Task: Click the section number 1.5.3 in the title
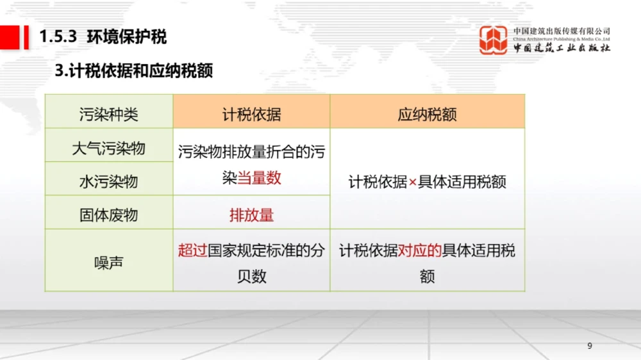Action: [58, 37]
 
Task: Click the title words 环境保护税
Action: [126, 37]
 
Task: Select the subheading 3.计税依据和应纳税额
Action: [134, 71]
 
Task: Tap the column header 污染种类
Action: [108, 115]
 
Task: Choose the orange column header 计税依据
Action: [251, 115]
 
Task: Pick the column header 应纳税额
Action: [427, 115]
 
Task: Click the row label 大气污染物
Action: [108, 149]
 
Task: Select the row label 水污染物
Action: [108, 182]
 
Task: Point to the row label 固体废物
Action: [108, 215]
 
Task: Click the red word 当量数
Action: [260, 178]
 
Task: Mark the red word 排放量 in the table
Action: [251, 215]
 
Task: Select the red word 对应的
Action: [420, 250]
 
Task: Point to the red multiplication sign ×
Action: [413, 183]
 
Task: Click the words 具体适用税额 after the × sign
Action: [462, 182]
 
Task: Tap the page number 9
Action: [589, 347]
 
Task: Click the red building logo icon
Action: [494, 40]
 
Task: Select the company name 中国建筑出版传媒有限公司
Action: [562, 31]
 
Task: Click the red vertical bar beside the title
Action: [26, 37]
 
